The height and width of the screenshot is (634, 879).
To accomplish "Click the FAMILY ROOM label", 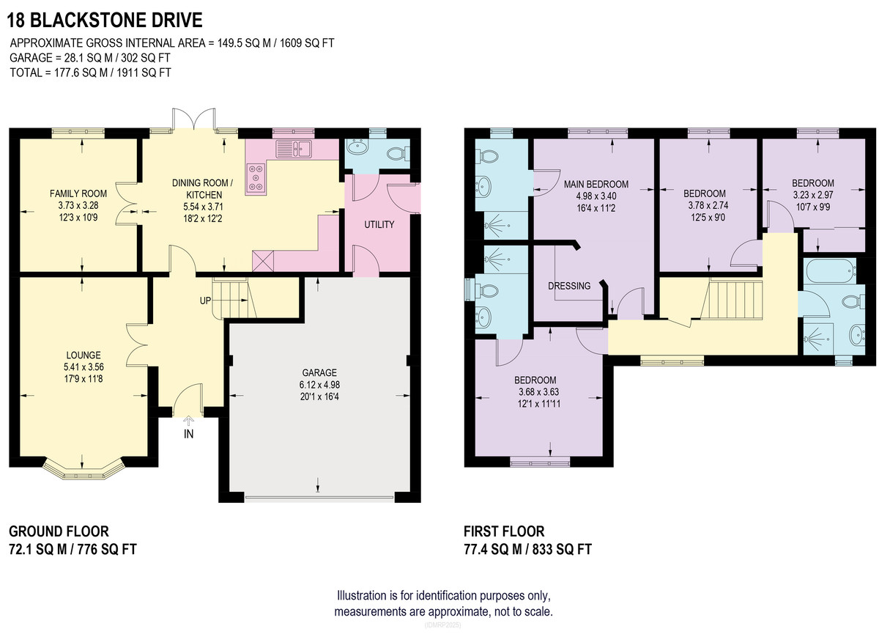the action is click(78, 193).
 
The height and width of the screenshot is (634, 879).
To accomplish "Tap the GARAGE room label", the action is click(319, 372).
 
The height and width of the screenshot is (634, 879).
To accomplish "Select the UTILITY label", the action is click(379, 224).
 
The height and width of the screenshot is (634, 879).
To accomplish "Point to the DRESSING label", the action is click(569, 286).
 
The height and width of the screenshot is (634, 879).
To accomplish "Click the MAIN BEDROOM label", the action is click(596, 184).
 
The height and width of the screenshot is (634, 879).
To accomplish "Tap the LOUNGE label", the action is click(84, 355).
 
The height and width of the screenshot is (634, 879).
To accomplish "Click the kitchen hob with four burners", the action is click(256, 179).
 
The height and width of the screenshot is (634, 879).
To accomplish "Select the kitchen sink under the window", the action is click(294, 149).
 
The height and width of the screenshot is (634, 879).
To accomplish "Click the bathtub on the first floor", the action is click(829, 270).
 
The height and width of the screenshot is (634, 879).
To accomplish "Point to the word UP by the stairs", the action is click(205, 301).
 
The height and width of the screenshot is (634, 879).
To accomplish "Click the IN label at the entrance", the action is click(189, 434).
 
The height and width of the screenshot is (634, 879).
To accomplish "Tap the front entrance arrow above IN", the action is click(189, 421).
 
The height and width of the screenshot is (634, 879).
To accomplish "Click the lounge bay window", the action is click(84, 471).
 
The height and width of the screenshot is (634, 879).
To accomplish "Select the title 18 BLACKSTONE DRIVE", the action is click(104, 21).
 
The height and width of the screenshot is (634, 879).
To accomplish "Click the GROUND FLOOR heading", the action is click(59, 531).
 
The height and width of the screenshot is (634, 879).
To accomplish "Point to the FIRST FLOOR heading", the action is click(504, 531).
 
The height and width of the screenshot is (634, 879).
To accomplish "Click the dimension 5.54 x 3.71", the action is click(203, 207).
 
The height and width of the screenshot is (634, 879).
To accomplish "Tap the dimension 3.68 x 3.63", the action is click(539, 392).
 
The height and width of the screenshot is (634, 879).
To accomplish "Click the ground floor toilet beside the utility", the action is click(398, 153).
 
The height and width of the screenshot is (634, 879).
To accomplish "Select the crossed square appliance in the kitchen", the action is click(263, 261).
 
